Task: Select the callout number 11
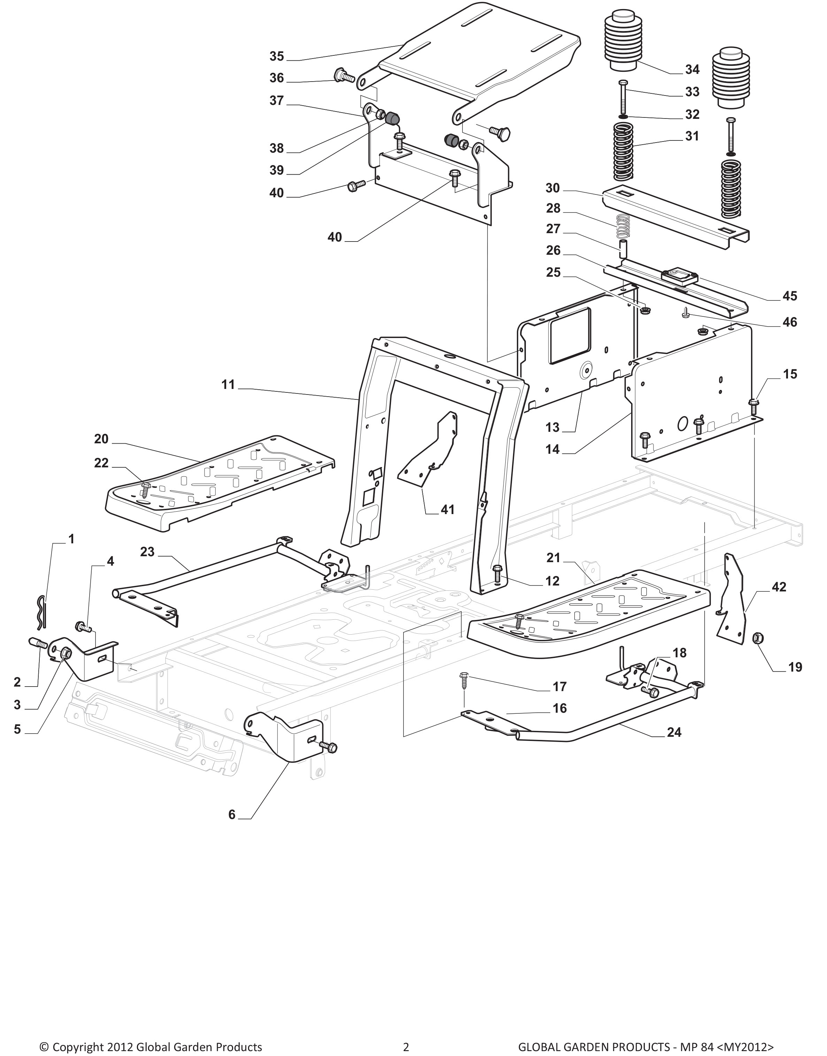[x=228, y=385]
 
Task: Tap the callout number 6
[x=232, y=815]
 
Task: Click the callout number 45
[x=790, y=296]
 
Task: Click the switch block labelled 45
[x=679, y=276]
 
